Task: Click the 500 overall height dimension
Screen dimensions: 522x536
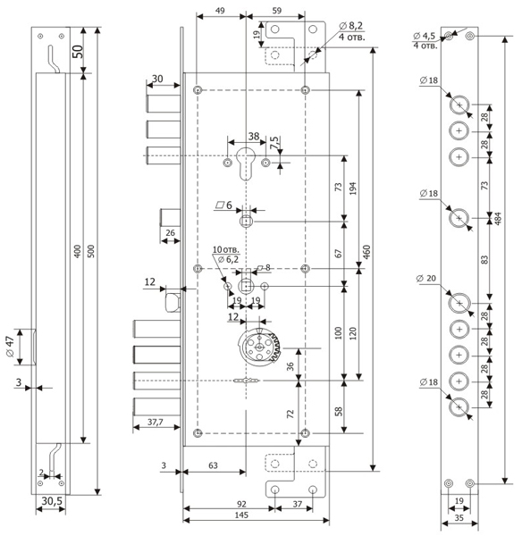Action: [x=90, y=251]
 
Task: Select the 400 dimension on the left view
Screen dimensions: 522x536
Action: [x=78, y=251]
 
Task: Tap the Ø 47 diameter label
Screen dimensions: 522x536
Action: [x=10, y=347]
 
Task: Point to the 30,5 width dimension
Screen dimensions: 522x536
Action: [x=52, y=501]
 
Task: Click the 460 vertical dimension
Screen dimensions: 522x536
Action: [x=366, y=252]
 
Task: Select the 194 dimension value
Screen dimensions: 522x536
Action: [x=353, y=188]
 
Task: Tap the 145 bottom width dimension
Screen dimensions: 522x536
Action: [x=241, y=515]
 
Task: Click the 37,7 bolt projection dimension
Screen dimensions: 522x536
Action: [x=156, y=423]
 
